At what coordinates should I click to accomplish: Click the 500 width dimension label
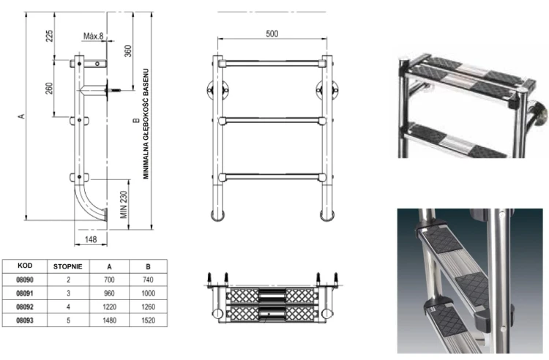(x=272, y=34)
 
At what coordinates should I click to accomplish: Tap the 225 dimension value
(x=49, y=36)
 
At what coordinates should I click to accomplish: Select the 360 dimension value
(x=128, y=51)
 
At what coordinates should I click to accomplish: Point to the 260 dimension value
(x=49, y=88)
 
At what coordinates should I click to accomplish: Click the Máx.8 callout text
(x=93, y=36)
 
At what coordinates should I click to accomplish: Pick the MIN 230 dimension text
(x=124, y=205)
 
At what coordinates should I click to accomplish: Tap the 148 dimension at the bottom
(x=91, y=239)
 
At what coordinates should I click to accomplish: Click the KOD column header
(x=25, y=266)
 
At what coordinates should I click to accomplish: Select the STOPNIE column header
(x=68, y=266)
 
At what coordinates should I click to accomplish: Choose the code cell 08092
(x=25, y=307)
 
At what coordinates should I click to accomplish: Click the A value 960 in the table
(x=109, y=293)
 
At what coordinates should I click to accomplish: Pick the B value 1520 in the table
(x=148, y=320)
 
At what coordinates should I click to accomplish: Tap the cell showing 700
(x=109, y=280)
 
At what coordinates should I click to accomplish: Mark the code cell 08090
(x=25, y=280)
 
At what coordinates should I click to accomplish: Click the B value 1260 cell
(x=148, y=307)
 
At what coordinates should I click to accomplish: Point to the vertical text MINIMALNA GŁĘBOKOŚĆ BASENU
(x=146, y=124)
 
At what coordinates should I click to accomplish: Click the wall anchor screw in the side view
(x=114, y=91)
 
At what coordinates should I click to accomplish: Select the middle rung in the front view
(x=272, y=121)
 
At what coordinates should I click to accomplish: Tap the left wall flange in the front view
(x=211, y=90)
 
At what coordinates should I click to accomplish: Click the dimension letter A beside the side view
(x=22, y=116)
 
